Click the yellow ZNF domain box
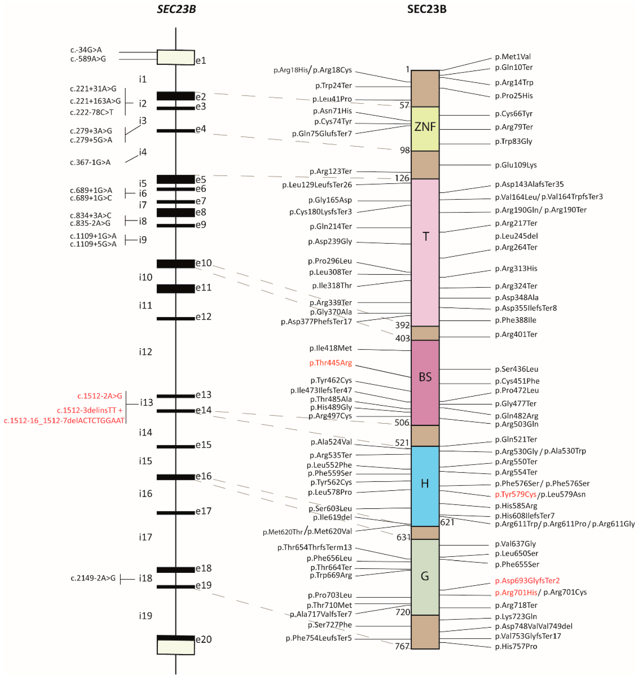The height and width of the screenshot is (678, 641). click(425, 129)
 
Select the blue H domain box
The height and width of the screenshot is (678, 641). click(425, 486)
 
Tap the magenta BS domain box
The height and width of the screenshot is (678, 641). click(425, 382)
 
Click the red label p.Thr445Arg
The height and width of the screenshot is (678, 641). click(330, 363)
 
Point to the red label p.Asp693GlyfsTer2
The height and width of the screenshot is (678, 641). click(527, 581)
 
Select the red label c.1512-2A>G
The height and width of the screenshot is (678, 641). click(99, 396)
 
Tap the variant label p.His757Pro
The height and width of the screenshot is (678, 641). click(516, 647)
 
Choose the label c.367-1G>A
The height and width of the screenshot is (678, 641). click(90, 162)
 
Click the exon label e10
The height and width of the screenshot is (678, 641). click(204, 263)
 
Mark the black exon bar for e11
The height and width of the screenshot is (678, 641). click(176, 289)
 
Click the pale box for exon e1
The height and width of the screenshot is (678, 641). click(176, 57)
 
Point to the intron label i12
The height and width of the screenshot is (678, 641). click(145, 352)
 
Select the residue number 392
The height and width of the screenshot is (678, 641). click(402, 325)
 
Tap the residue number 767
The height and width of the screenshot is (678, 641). click(402, 646)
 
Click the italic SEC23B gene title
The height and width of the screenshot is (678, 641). click(176, 9)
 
